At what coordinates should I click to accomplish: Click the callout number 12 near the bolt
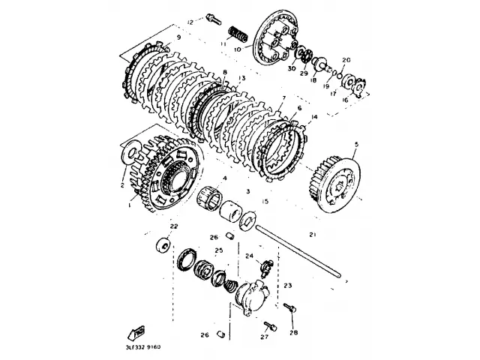(x=190, y=22)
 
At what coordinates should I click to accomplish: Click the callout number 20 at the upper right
(x=346, y=60)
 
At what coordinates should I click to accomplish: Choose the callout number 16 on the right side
(x=346, y=98)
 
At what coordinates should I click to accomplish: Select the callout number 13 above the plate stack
(x=241, y=78)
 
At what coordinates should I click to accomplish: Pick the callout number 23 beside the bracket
(x=286, y=286)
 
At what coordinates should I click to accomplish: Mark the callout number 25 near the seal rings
(x=219, y=250)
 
